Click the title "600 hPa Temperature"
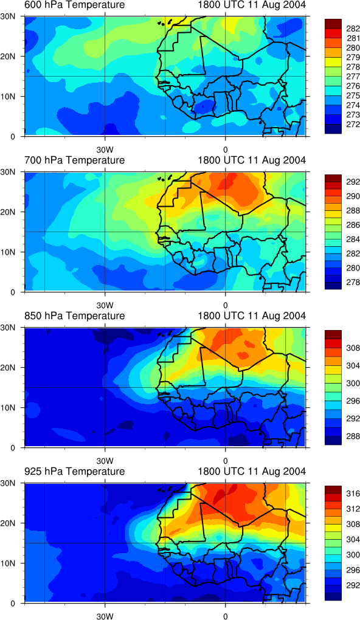(74, 5)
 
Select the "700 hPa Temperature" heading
(74, 160)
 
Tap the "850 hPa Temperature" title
(74, 316)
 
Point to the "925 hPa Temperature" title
(74, 471)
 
